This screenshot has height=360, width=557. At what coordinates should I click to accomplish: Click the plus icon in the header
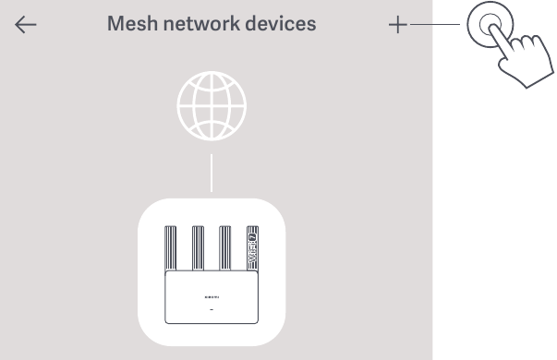397,25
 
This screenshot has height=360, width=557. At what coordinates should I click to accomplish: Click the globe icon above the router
212,105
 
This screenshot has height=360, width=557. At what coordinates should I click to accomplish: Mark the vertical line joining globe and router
212,173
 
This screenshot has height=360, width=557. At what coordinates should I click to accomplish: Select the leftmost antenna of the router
172,250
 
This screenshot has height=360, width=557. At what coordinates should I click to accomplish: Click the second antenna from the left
198,250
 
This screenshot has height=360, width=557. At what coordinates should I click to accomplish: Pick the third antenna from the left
224,250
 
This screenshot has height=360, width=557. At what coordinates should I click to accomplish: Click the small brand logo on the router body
212,298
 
